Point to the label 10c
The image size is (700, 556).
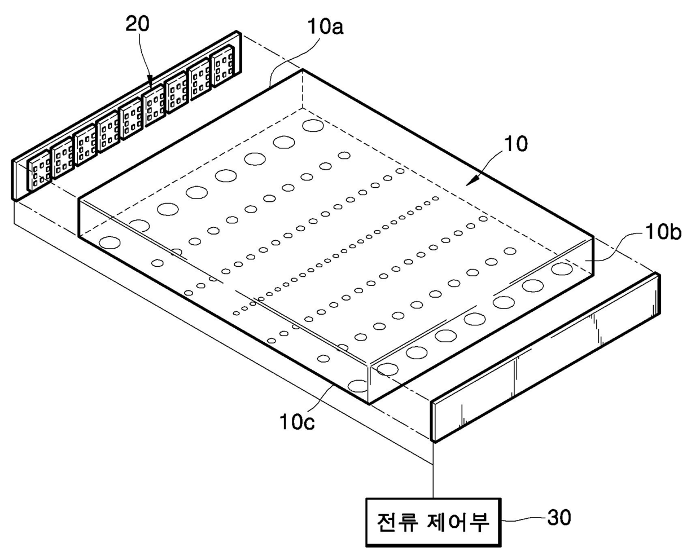point(296,421)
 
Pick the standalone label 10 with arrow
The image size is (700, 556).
point(515,144)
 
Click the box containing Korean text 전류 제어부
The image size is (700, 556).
point(433,522)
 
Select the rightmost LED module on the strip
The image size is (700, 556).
point(222,70)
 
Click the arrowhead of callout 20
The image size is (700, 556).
point(150,85)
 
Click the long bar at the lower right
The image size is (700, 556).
point(545,356)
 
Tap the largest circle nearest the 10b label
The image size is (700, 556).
point(562,268)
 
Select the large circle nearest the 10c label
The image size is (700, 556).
point(358,386)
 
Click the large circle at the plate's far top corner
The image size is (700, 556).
point(312,125)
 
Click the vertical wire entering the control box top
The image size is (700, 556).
point(433,479)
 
